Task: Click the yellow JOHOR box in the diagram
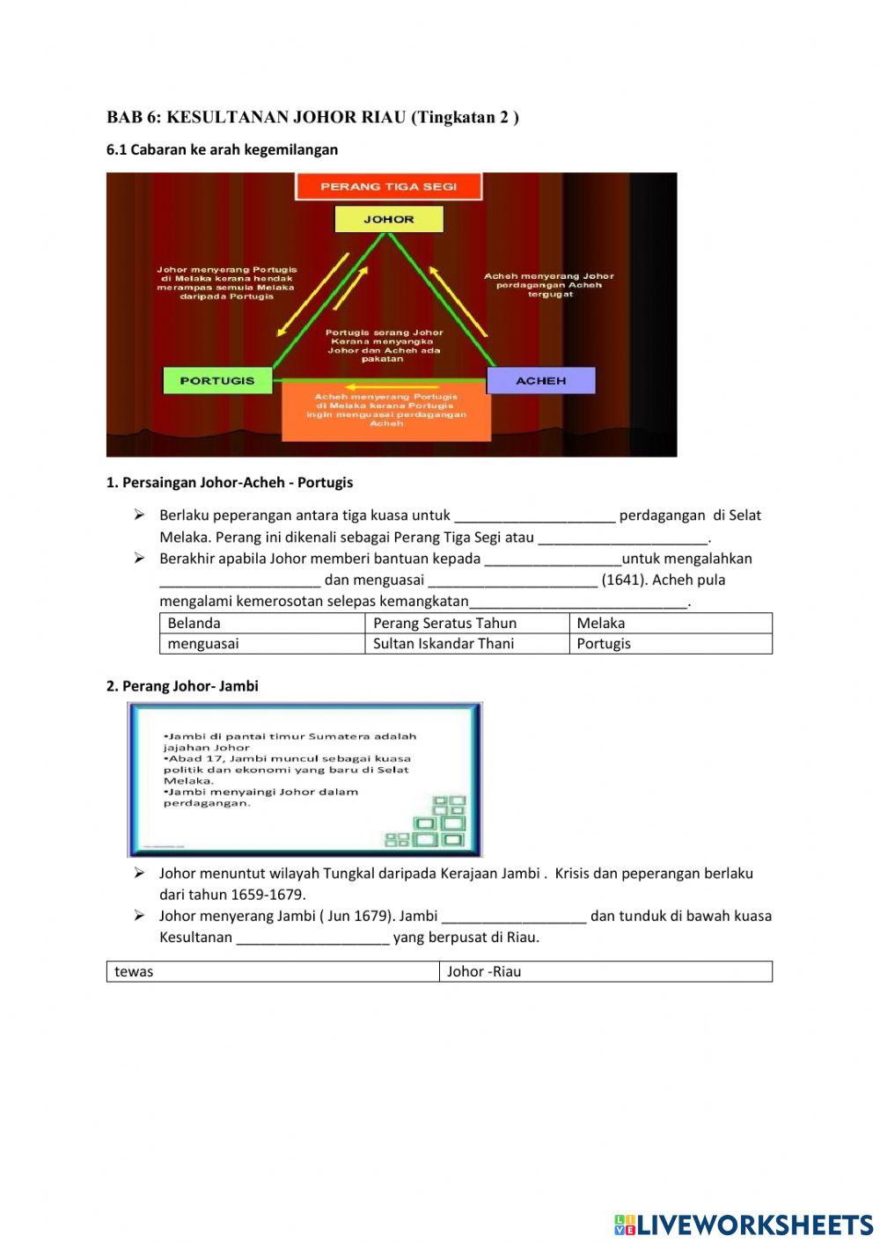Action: point(388,219)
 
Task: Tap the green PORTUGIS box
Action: point(216,381)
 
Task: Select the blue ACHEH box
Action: point(540,381)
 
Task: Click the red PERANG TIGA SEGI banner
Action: point(388,186)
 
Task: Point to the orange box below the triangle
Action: point(385,412)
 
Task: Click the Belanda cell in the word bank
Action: point(261,623)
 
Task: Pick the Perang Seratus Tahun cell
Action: point(466,623)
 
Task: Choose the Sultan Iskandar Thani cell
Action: point(466,643)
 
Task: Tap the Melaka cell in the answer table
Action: point(671,623)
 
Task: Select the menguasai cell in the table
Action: point(261,643)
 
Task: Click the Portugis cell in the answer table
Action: point(671,643)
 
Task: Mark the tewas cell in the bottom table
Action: point(272,971)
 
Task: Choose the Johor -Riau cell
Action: point(605,971)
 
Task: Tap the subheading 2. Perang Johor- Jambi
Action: point(182,686)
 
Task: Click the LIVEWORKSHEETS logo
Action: point(743,1225)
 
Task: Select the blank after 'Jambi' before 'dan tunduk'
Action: point(514,917)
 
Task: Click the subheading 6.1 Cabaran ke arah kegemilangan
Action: point(222,150)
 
